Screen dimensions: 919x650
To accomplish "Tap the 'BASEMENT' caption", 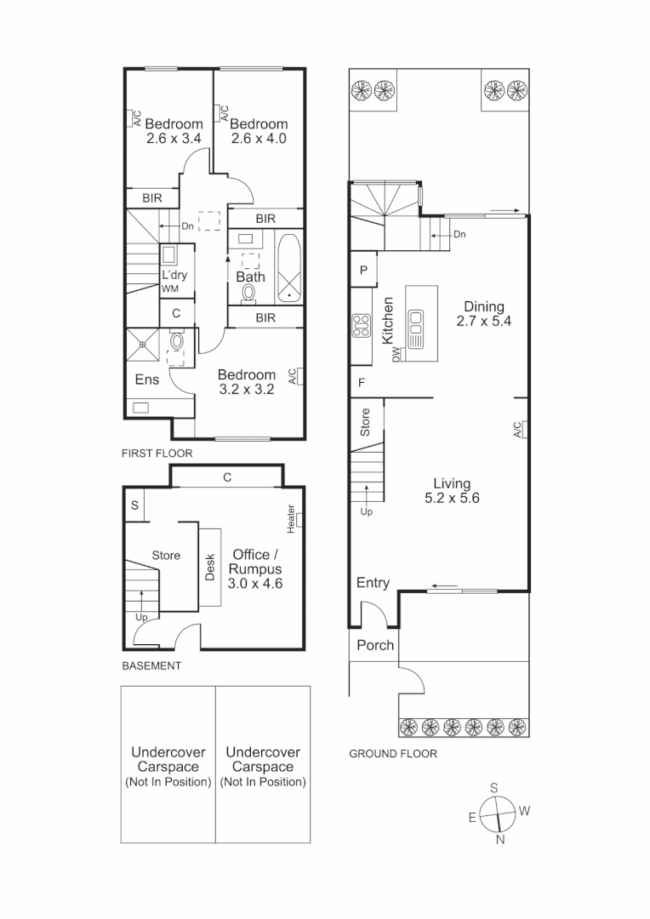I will tap(152, 666).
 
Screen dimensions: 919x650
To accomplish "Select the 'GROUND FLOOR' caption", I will tap(393, 754).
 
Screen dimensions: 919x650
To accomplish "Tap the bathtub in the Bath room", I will tap(289, 267).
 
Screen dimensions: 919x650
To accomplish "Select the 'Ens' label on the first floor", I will tap(147, 380).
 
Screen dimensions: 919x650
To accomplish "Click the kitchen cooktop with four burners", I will tap(360, 326).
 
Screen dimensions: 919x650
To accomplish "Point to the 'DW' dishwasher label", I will tap(396, 356).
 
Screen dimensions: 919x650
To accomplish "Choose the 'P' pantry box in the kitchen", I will tap(363, 271).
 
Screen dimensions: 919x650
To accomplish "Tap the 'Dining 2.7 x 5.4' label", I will tap(483, 314).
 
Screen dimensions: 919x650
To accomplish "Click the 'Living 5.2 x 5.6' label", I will tap(453, 492).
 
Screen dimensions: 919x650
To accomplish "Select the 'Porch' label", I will tap(375, 645).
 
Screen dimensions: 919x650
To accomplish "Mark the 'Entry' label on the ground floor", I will tap(373, 583).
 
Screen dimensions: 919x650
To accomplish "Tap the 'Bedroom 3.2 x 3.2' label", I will tap(246, 382).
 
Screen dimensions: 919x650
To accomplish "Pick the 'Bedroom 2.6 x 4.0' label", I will tap(258, 130).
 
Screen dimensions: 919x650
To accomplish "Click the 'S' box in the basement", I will tap(135, 506).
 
